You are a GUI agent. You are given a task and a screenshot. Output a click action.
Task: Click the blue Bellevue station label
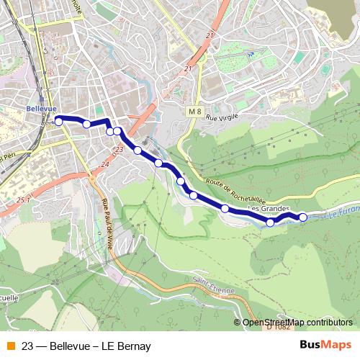click(40, 108)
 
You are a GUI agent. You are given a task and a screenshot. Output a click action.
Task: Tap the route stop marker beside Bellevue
click(58, 122)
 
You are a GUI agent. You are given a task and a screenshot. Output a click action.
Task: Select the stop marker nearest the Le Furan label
click(302, 217)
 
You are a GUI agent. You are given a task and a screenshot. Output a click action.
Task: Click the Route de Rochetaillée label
click(237, 191)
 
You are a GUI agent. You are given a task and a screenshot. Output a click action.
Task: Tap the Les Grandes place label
click(268, 209)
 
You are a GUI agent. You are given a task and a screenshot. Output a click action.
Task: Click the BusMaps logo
click(326, 344)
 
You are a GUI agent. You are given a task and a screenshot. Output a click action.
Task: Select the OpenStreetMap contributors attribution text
click(297, 322)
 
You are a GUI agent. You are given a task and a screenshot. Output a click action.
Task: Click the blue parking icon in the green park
click(251, 53)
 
